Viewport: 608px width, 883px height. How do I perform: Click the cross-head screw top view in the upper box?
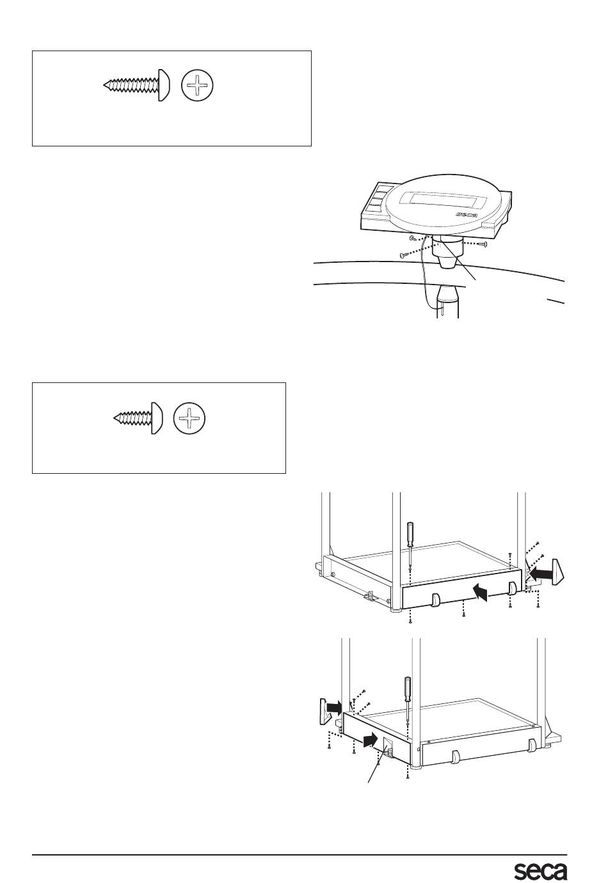click(x=197, y=85)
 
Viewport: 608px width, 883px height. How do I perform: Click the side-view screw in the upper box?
click(x=136, y=85)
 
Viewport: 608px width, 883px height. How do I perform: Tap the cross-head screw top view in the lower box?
click(x=189, y=418)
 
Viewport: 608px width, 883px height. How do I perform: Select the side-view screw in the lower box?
click(x=138, y=418)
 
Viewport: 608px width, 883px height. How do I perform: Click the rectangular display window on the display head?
click(x=445, y=201)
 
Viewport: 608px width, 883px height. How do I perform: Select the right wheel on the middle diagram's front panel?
click(x=511, y=588)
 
